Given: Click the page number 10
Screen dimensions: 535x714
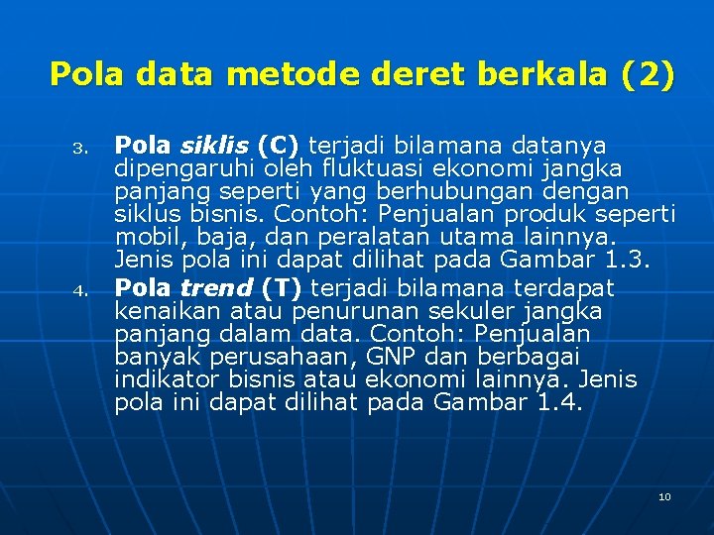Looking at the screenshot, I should click(x=664, y=496).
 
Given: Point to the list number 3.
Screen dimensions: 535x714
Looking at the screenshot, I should click(x=83, y=151).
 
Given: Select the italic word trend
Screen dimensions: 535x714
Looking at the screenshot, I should click(x=216, y=288).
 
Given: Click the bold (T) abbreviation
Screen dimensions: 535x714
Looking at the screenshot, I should click(x=283, y=288).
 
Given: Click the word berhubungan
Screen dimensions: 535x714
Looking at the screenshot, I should click(x=467, y=192).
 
